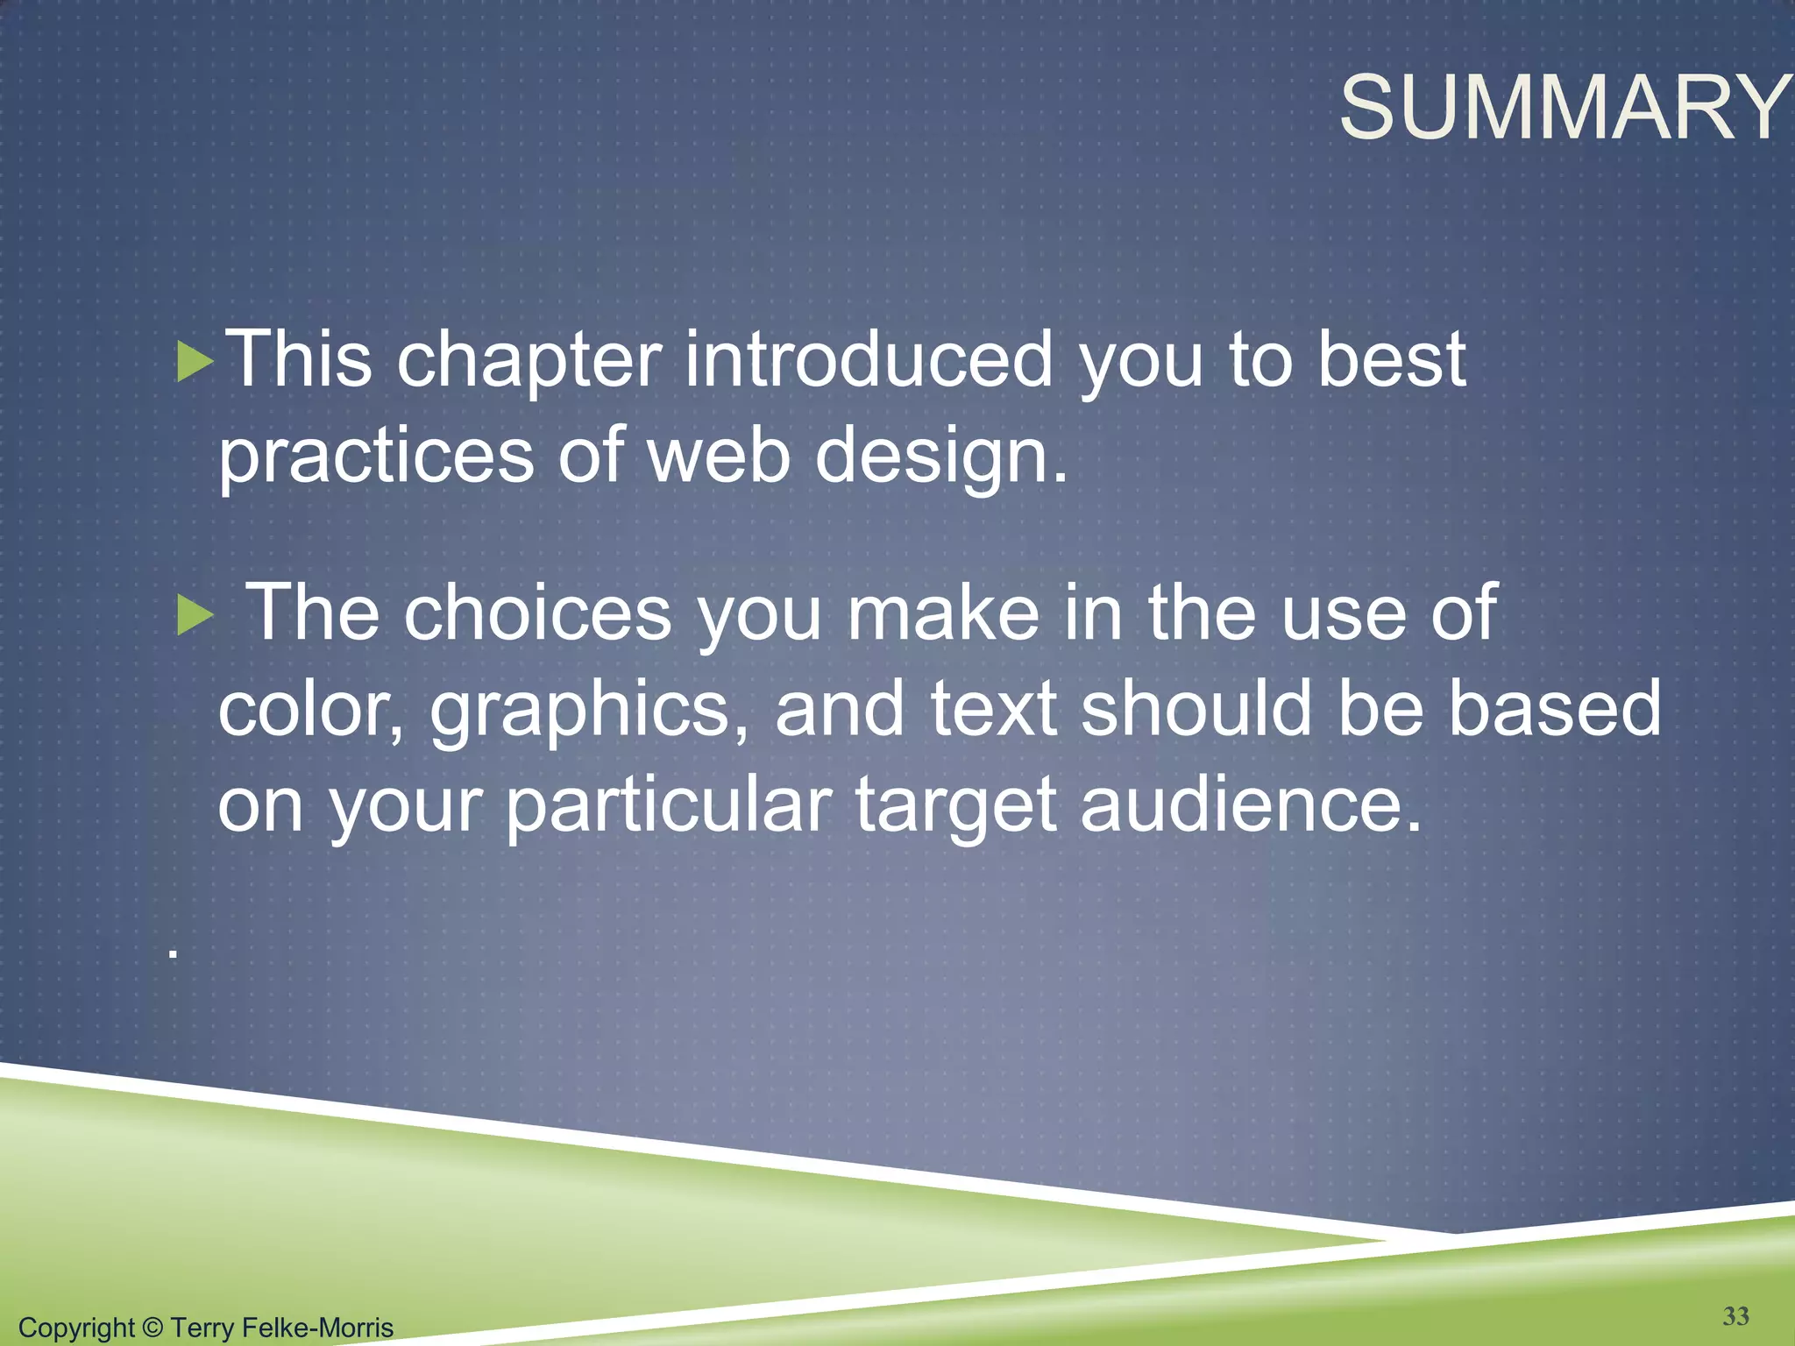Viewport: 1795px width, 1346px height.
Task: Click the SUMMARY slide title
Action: [1565, 108]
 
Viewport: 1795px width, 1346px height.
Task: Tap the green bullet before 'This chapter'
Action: [195, 361]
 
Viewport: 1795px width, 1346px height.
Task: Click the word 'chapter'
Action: [529, 361]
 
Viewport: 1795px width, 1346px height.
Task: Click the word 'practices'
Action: [376, 457]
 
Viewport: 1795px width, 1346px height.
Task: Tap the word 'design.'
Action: [941, 457]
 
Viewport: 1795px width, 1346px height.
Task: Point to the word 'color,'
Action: [311, 709]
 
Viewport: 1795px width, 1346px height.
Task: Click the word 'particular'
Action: [669, 806]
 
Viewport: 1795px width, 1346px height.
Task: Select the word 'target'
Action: [955, 806]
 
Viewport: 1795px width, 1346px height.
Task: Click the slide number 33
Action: [1735, 1315]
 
